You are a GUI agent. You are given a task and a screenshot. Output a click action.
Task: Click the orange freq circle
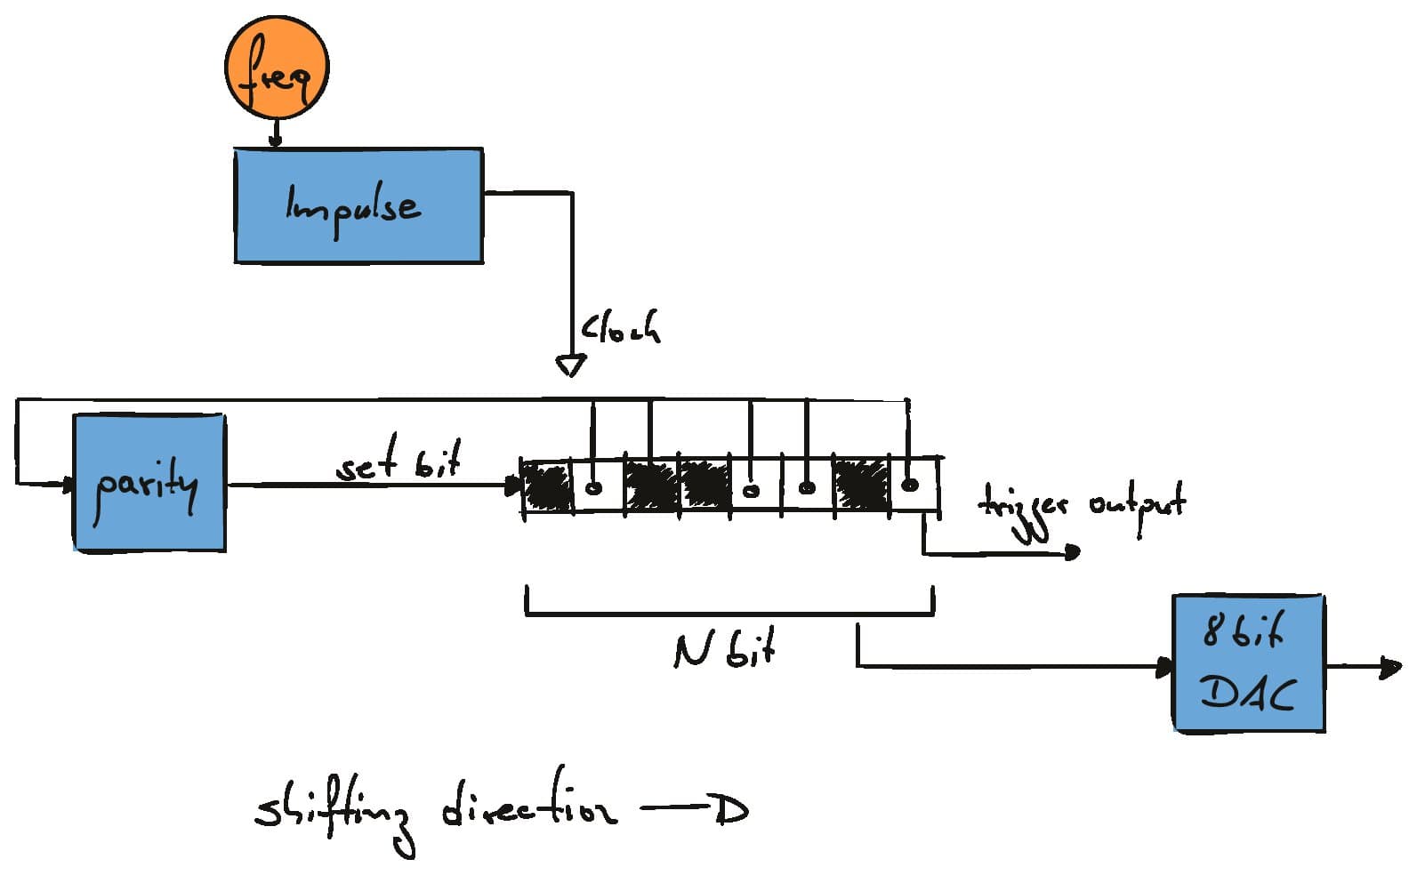click(276, 70)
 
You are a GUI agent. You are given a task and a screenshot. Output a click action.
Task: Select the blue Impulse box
click(358, 205)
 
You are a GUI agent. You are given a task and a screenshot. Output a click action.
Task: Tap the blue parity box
click(149, 483)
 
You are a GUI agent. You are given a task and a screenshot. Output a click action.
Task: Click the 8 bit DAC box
click(1248, 663)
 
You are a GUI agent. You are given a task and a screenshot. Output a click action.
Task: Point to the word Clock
click(621, 329)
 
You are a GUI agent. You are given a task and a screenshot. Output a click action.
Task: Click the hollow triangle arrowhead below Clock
click(570, 365)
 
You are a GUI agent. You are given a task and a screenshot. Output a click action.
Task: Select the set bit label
click(399, 463)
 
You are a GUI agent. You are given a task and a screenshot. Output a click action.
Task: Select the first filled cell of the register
click(547, 486)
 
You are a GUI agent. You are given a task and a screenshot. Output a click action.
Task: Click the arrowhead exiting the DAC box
click(1389, 666)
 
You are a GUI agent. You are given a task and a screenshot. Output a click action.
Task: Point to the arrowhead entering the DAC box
click(1164, 667)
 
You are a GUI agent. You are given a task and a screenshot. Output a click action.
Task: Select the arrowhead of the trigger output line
click(1072, 553)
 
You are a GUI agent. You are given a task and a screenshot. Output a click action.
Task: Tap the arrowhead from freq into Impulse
click(275, 140)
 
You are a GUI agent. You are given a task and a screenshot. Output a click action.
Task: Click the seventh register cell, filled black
click(860, 486)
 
